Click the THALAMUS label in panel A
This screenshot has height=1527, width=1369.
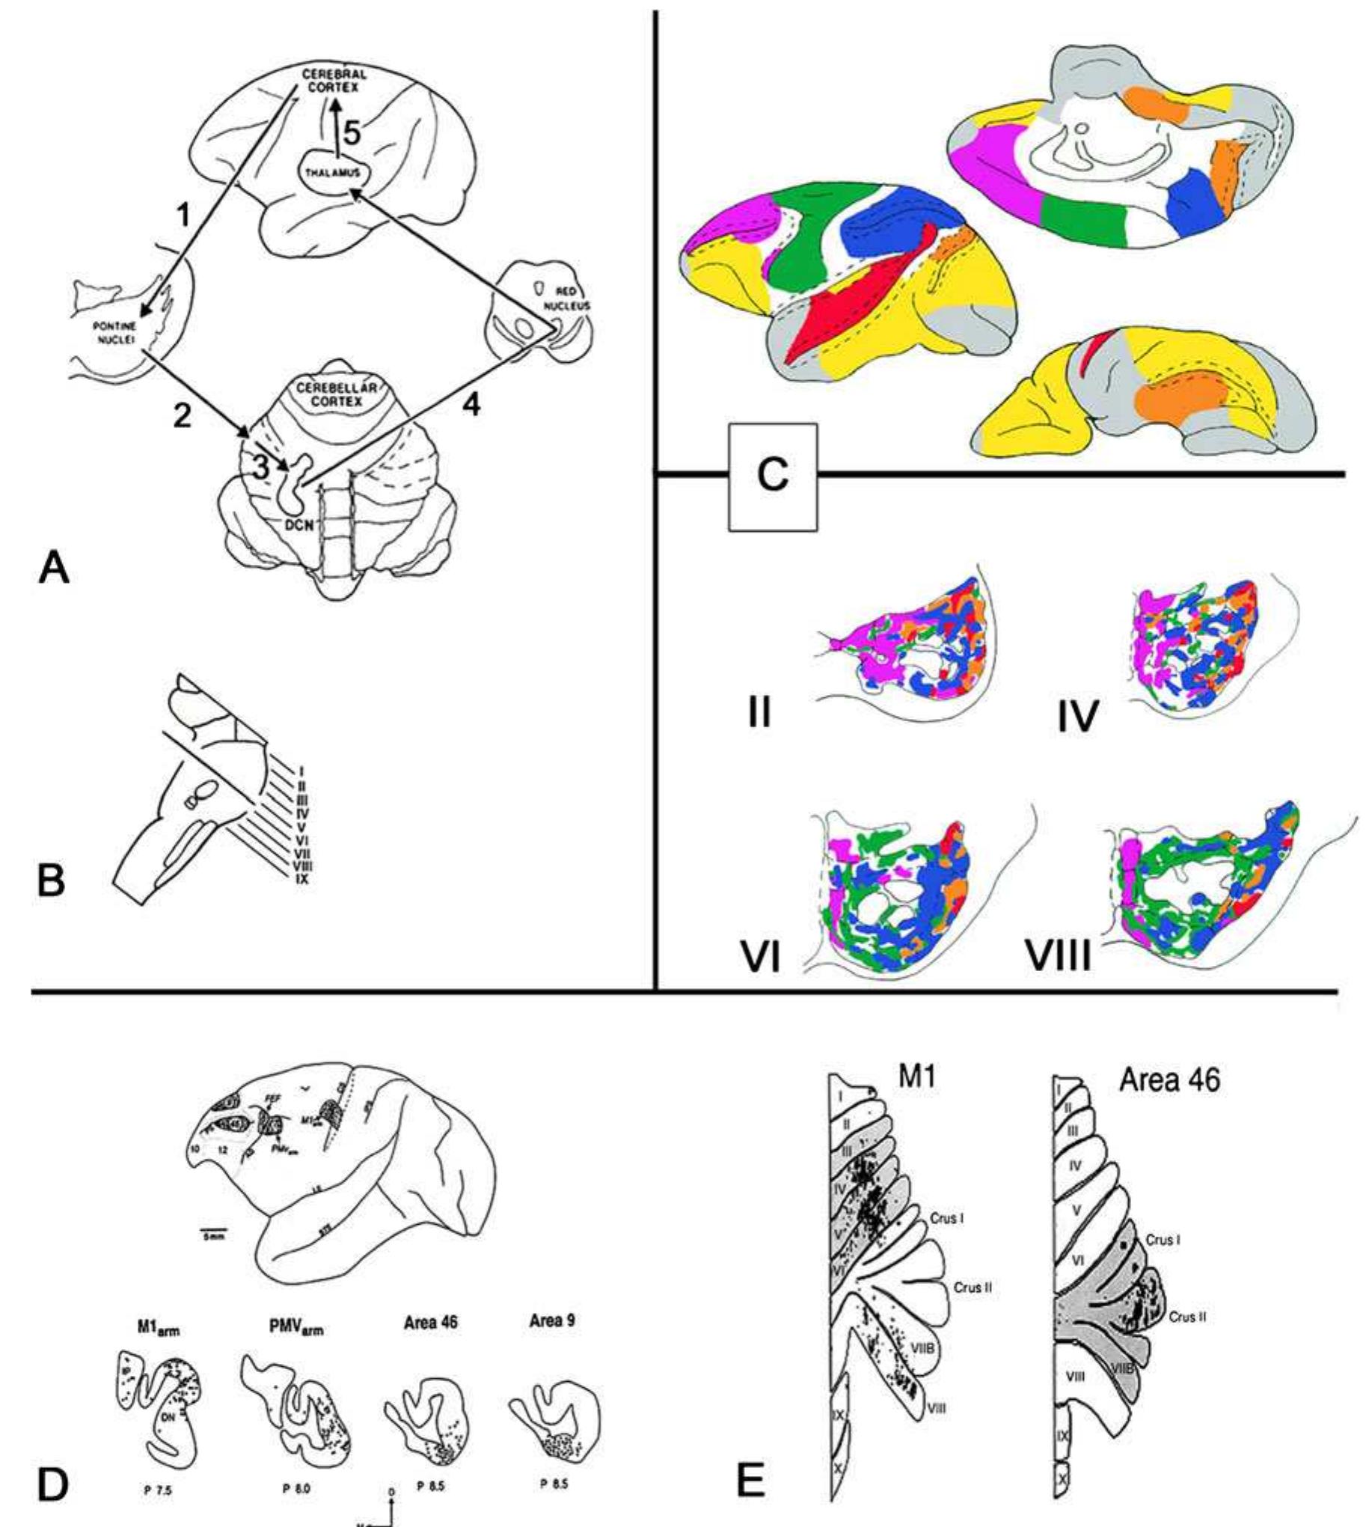(331, 173)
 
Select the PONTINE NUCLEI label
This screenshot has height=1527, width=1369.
(114, 333)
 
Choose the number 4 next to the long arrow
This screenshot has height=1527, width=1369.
(471, 406)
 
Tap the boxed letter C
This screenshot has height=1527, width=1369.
(773, 476)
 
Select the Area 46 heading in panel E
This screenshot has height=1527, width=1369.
(1170, 1080)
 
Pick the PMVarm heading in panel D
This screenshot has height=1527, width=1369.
(295, 1328)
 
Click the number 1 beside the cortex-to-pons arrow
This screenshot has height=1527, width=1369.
(183, 217)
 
